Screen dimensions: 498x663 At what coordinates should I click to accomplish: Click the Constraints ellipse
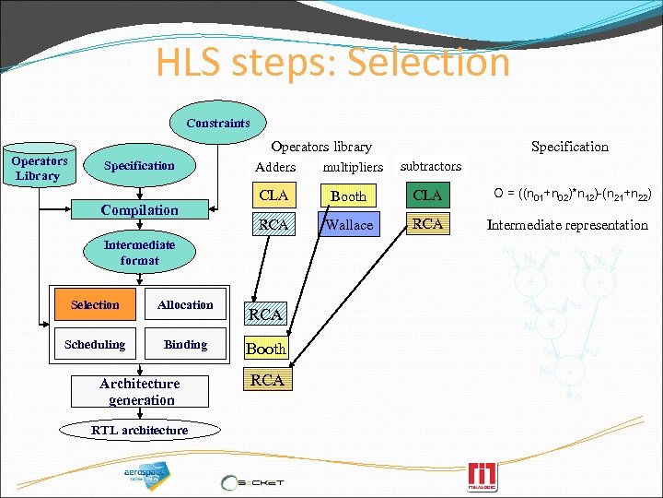218,123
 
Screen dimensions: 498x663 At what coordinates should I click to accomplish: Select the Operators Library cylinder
38,167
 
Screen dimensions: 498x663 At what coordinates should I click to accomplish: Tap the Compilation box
139,210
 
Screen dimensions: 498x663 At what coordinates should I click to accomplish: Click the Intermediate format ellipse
139,253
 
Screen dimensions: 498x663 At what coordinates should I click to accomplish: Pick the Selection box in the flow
95,305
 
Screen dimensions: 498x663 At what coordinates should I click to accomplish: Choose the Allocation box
185,305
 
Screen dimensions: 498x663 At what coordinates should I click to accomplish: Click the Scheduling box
95,345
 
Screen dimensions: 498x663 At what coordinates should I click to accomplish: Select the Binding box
185,345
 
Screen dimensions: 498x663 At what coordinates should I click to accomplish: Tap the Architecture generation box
139,392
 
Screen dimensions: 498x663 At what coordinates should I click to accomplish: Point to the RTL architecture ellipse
139,431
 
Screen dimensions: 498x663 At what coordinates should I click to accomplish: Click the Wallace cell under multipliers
349,224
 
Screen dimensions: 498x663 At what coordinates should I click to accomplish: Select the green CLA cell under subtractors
428,196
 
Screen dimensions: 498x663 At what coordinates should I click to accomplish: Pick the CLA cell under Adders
274,196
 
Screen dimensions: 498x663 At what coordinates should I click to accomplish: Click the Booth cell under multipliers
349,196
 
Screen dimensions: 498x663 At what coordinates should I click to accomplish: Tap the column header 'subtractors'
431,166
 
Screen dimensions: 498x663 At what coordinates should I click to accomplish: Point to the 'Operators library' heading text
321,147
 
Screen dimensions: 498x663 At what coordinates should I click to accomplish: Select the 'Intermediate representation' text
568,225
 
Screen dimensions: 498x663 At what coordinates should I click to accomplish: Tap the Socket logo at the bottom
252,481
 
